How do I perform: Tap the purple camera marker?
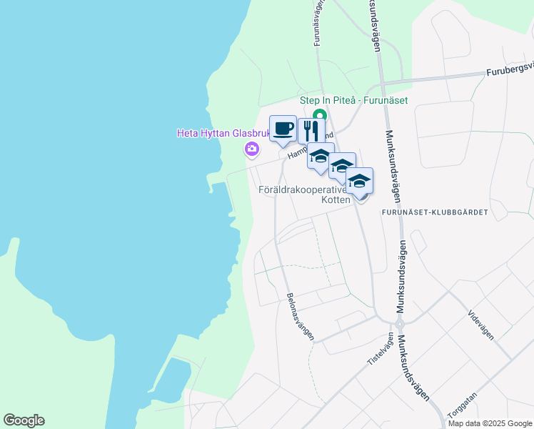point(251,149)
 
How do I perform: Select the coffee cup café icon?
point(283,128)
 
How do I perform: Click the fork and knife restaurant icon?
point(311,131)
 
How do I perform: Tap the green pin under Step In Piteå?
point(321,115)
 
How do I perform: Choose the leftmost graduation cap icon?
point(321,157)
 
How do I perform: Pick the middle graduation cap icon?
point(342,166)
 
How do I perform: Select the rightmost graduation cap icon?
point(359,180)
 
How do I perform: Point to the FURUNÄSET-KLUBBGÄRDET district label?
point(444,212)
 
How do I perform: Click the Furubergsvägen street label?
point(510,69)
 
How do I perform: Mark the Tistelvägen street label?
point(381,349)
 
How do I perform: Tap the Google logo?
point(24,420)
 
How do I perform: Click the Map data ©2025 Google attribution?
point(490,423)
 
